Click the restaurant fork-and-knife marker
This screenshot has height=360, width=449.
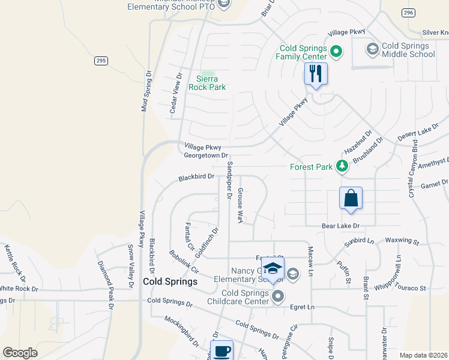pyautogui.click(x=316, y=74)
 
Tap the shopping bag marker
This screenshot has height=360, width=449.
pyautogui.click(x=351, y=199)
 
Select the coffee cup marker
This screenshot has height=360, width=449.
pyautogui.click(x=222, y=351)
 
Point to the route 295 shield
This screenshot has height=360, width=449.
pyautogui.click(x=101, y=61)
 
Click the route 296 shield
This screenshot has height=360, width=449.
pyautogui.click(x=408, y=13)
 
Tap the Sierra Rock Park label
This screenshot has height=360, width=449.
pyautogui.click(x=207, y=83)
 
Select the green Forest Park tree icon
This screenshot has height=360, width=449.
pyautogui.click(x=342, y=166)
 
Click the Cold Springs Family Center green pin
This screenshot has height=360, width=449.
pyautogui.click(x=336, y=52)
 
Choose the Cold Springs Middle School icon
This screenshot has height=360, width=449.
pyautogui.click(x=372, y=49)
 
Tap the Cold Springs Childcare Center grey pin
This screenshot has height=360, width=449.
pyautogui.click(x=278, y=296)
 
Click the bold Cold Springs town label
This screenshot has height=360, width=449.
pyautogui.click(x=170, y=281)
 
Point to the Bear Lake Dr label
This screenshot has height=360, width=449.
pyautogui.click(x=340, y=226)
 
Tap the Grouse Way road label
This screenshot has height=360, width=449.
pyautogui.click(x=240, y=205)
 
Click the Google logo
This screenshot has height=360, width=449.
pyautogui.click(x=20, y=353)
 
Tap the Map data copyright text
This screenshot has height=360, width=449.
pyautogui.click(x=423, y=355)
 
